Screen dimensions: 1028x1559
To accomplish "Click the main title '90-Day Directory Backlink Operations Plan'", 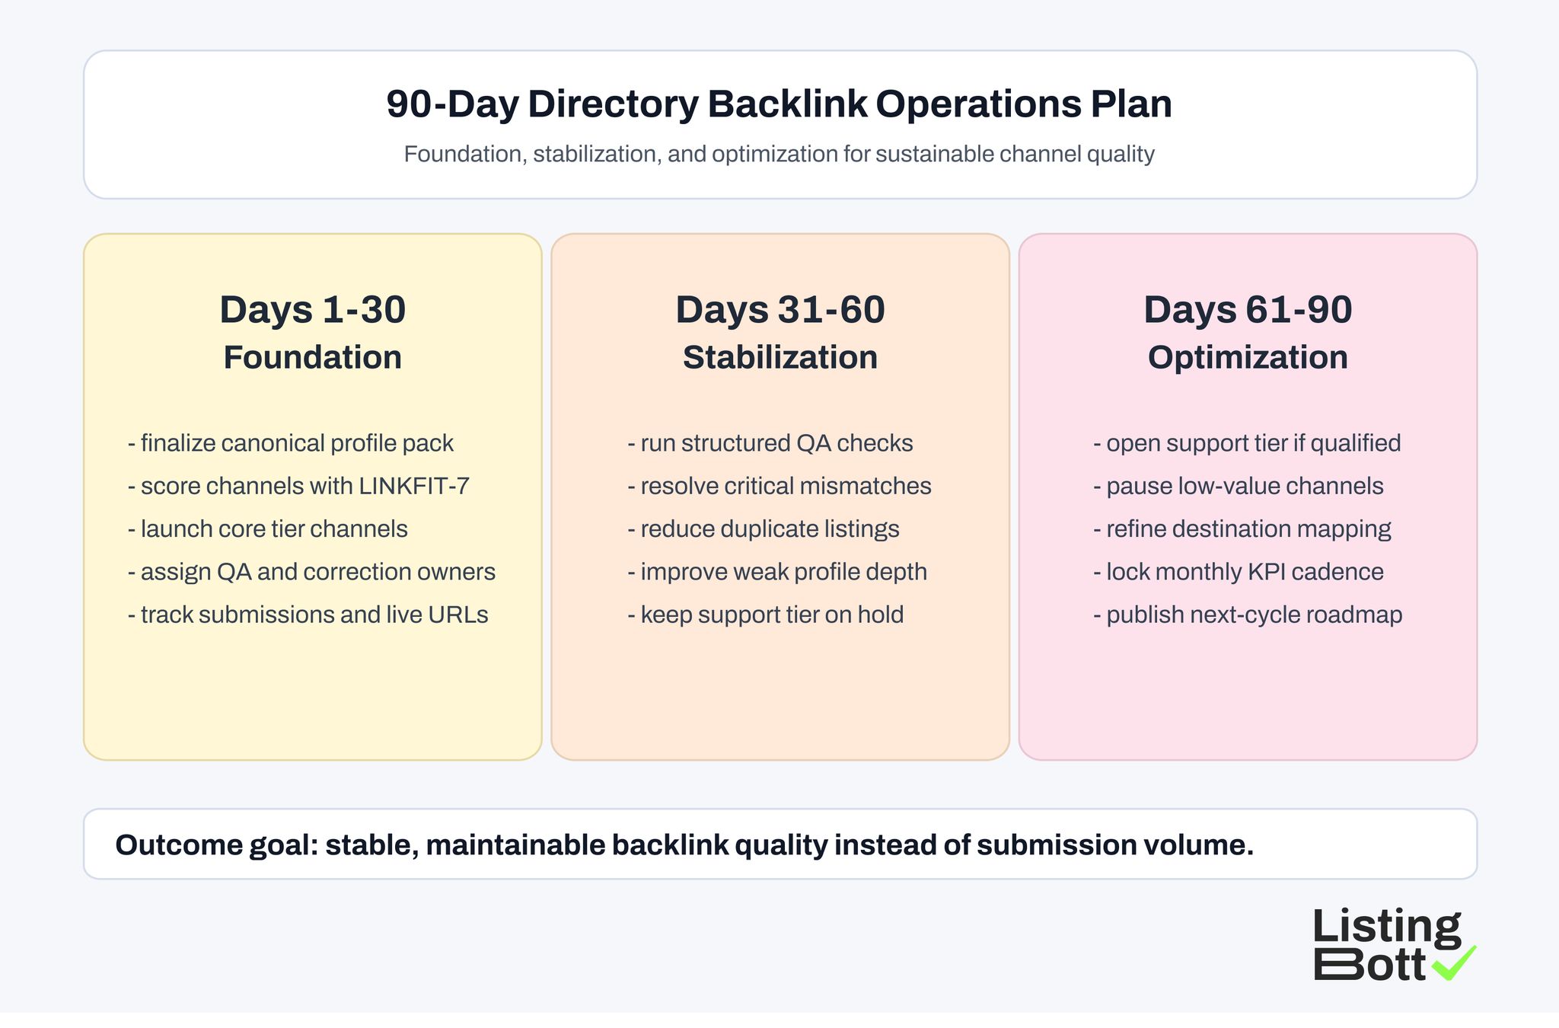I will pyautogui.click(x=779, y=104).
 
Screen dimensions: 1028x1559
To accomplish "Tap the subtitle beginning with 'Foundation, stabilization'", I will pyautogui.click(x=779, y=155).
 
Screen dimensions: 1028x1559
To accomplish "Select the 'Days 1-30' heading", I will pyautogui.click(x=312, y=310).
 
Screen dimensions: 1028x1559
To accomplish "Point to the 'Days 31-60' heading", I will pyautogui.click(x=779, y=310).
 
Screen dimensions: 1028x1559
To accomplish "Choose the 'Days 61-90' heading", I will pyautogui.click(x=1248, y=310).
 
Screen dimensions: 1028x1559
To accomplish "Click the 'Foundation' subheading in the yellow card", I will pyautogui.click(x=312, y=358).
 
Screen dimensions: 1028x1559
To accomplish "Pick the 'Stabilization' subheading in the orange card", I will pyautogui.click(x=779, y=358).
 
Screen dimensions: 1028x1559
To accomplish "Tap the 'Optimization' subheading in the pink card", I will pyautogui.click(x=1248, y=358).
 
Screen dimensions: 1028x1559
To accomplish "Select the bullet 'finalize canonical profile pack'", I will pyautogui.click(x=291, y=443).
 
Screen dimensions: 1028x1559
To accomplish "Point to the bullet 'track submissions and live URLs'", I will pyautogui.click(x=308, y=615).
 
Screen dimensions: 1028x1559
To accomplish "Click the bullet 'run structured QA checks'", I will pyautogui.click(x=770, y=443).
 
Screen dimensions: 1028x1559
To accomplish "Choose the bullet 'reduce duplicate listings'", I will pyautogui.click(x=764, y=529).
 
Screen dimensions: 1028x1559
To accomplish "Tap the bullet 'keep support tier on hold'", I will pyautogui.click(x=766, y=615).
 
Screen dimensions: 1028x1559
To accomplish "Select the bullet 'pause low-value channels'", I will pyautogui.click(x=1239, y=487).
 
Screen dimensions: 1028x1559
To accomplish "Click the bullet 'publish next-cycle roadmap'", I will pyautogui.click(x=1248, y=615).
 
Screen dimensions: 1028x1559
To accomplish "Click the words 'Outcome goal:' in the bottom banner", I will pyautogui.click(x=216, y=845).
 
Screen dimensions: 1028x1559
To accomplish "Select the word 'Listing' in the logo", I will pyautogui.click(x=1386, y=927).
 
